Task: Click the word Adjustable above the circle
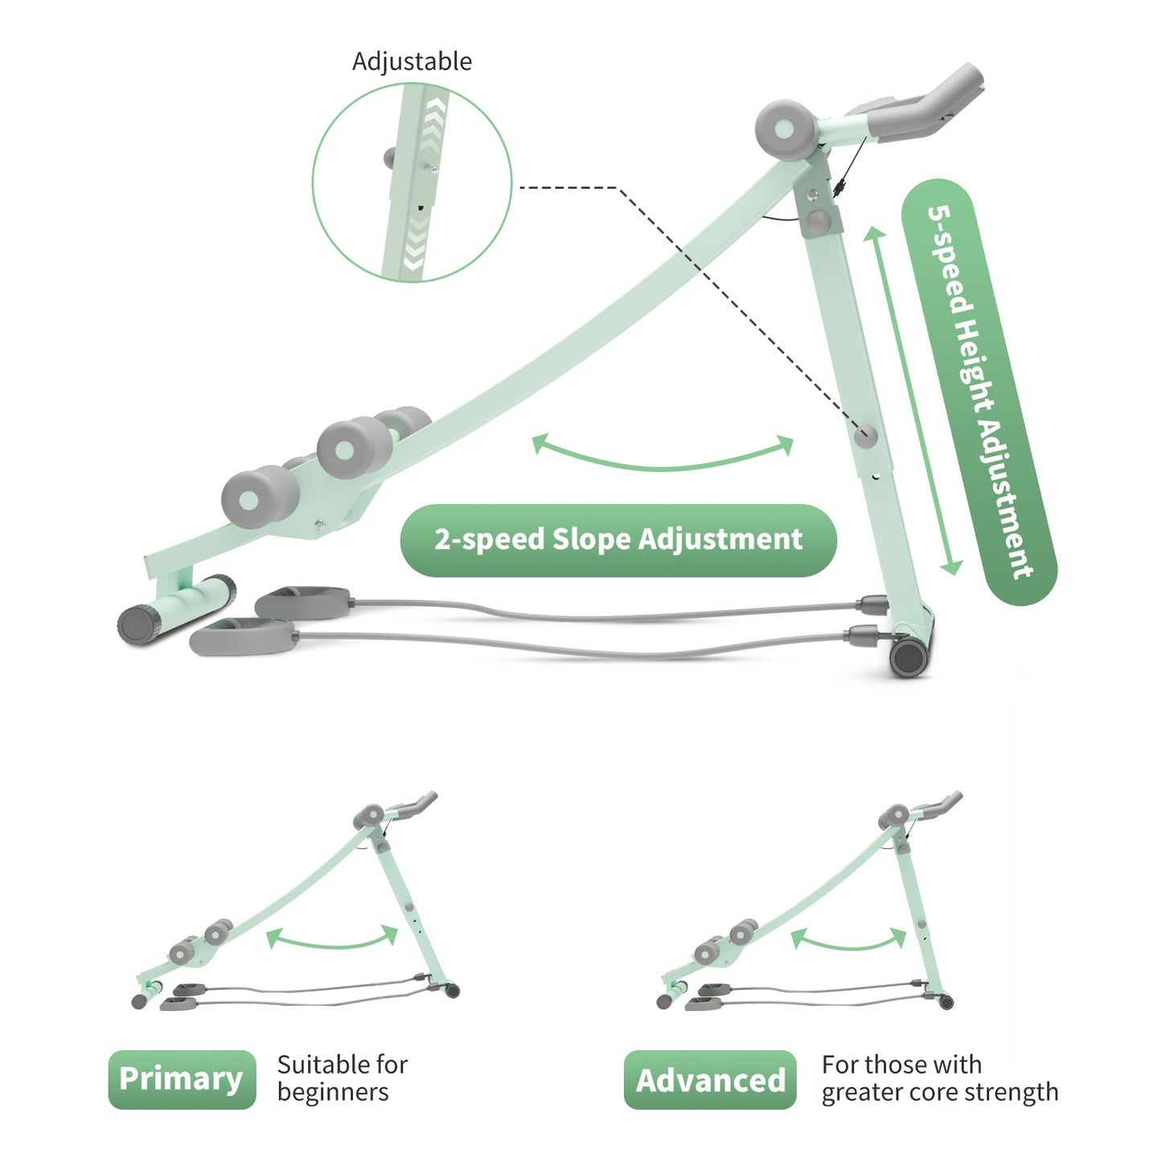412,62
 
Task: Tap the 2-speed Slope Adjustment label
618,540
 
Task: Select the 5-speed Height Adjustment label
979,392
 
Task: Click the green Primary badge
182,1079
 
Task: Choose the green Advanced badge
710,1080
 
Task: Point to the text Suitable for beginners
342,1078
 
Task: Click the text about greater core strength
939,1078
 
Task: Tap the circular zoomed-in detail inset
412,183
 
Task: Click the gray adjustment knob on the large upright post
866,437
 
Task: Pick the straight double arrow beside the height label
913,400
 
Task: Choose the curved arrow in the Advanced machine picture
848,941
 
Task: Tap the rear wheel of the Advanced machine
946,1002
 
